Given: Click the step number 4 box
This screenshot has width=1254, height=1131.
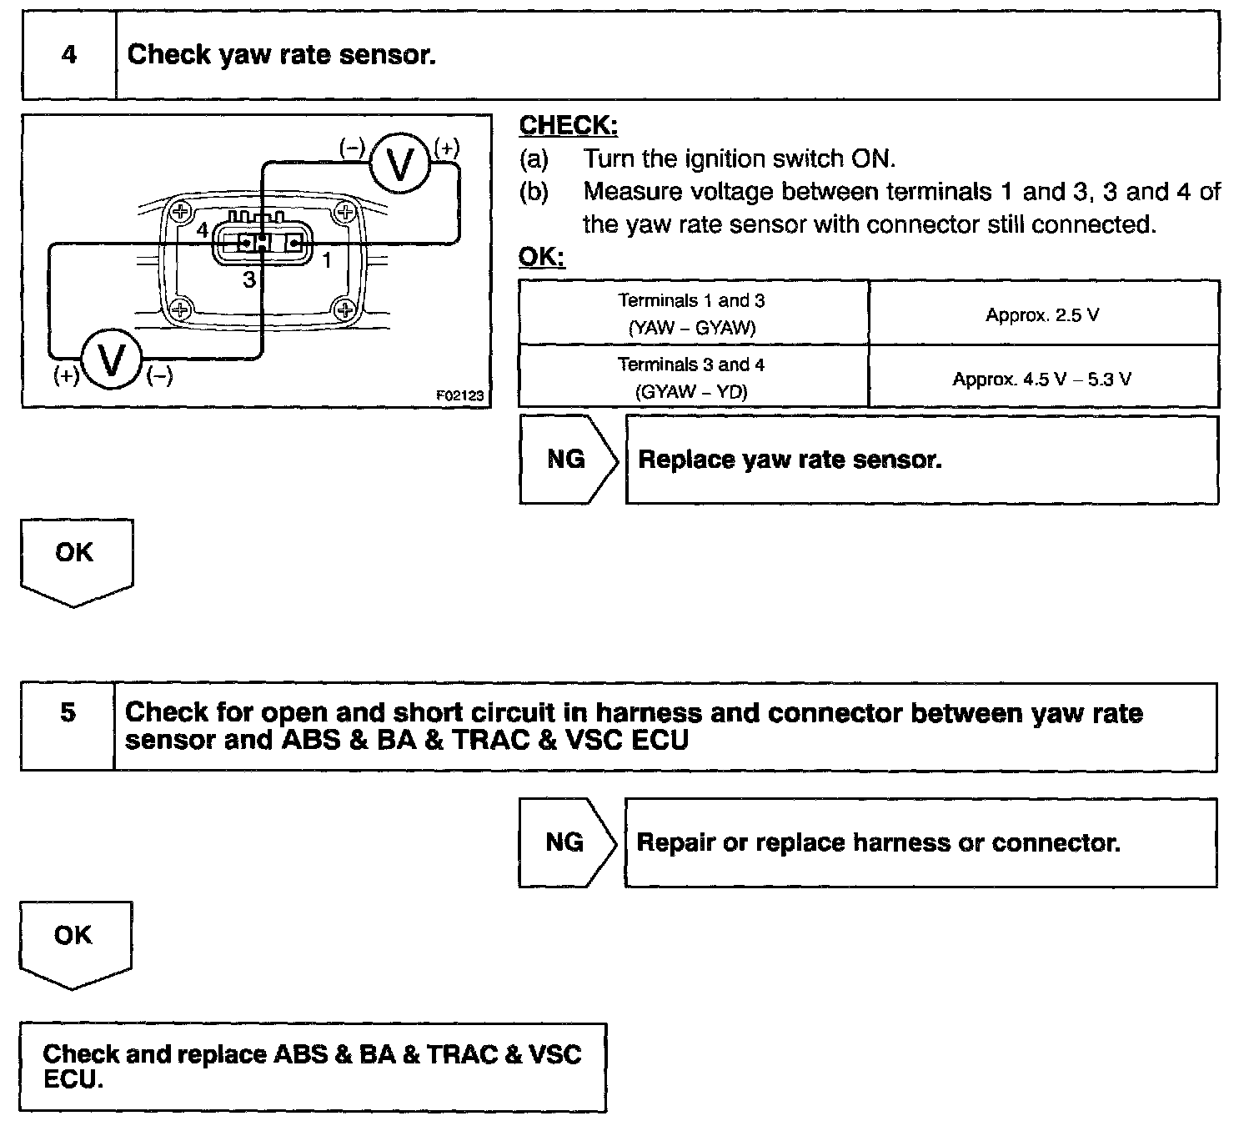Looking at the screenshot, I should (69, 55).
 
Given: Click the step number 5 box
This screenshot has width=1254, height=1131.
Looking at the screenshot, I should (68, 726).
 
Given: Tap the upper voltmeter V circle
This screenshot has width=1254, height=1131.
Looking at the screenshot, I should (400, 165).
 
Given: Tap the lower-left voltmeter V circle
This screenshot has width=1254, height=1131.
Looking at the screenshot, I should (112, 361).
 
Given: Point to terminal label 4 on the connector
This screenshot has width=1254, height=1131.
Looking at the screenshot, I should (203, 231).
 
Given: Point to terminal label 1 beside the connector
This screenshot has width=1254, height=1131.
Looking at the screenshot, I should (327, 260).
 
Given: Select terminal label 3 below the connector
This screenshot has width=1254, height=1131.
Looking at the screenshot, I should (248, 280).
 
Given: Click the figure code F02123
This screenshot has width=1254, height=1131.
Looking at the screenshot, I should (459, 395).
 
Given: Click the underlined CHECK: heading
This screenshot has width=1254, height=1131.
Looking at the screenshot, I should (568, 126).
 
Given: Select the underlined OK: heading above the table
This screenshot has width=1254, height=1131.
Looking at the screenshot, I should (541, 257).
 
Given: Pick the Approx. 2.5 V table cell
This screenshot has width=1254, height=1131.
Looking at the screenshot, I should (1042, 314).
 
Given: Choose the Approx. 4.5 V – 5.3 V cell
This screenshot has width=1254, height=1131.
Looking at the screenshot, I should (1042, 380).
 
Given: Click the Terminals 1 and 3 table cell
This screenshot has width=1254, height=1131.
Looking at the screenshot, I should (692, 314).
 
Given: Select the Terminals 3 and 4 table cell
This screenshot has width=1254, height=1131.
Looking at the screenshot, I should (692, 378).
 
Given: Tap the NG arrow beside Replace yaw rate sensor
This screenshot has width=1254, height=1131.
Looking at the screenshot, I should (567, 460).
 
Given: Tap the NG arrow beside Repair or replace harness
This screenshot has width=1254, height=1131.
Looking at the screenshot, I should (565, 842).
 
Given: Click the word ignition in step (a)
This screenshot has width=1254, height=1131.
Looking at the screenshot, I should (722, 158).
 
